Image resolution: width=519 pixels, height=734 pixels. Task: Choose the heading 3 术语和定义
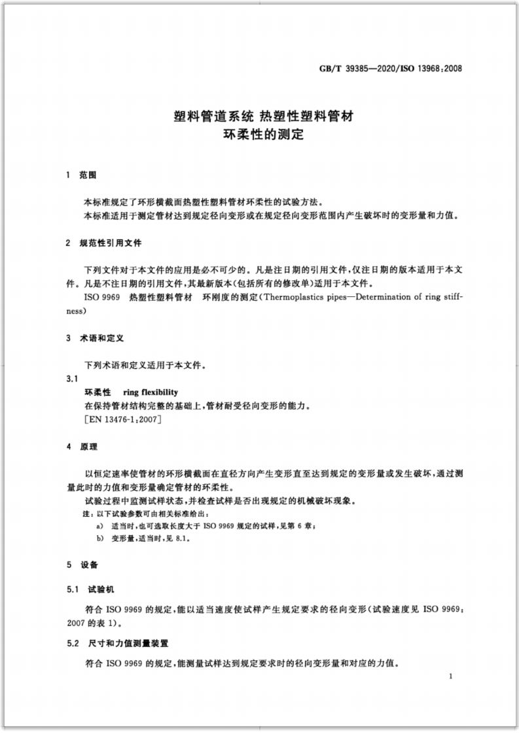click(x=90, y=338)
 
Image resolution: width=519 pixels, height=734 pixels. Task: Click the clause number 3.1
click(x=72, y=379)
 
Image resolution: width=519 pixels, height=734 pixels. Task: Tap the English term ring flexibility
click(x=151, y=393)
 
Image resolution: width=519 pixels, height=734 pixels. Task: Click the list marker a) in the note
click(x=99, y=525)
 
